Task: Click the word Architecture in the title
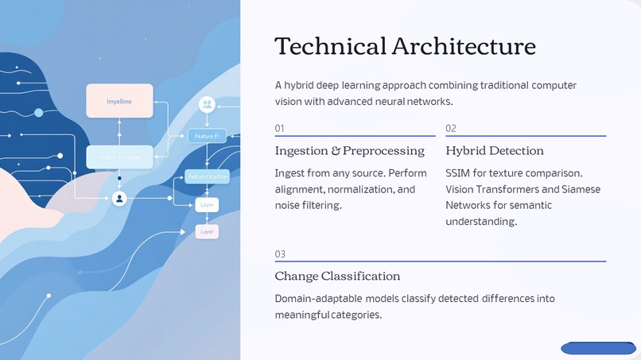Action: pos(464,46)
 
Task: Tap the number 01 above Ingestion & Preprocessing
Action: pos(279,128)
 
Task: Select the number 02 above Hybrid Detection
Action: pos(451,128)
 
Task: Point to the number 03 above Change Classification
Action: pos(280,254)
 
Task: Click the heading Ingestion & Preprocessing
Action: pos(349,151)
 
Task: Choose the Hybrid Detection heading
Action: pos(495,151)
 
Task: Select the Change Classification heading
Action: pos(337,277)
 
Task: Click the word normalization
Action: pos(360,189)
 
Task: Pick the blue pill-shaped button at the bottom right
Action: pos(598,348)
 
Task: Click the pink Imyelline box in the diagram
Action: pos(119,101)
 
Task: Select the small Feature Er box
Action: pos(207,136)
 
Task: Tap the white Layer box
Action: pos(207,204)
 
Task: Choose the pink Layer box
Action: pos(207,231)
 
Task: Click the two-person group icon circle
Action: pos(207,104)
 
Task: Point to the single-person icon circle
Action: pos(119,198)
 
